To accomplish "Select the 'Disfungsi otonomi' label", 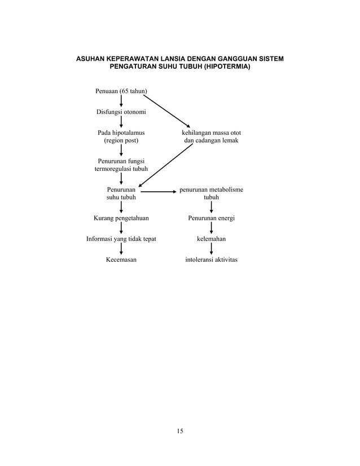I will click(121, 112).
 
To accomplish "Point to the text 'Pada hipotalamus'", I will click(121, 133).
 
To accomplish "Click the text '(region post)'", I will click(121, 140).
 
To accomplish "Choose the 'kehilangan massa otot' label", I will click(211, 133).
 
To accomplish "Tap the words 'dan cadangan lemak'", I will click(211, 140).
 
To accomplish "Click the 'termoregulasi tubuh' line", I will click(121, 169).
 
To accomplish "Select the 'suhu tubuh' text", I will click(121, 197).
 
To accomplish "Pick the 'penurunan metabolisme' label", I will click(211, 190).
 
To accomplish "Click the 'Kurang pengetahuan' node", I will click(121, 218).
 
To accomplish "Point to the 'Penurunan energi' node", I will click(211, 218).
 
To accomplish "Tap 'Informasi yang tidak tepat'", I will click(121, 239).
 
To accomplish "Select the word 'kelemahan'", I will click(211, 239).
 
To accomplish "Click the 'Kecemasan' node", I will click(121, 260).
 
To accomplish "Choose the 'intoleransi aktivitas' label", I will click(211, 260).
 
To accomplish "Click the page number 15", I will click(179, 432).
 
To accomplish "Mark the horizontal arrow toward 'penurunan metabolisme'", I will click(159, 192).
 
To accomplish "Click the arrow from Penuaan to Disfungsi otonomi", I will click(121, 101).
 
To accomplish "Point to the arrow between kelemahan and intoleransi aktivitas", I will click(211, 249).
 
